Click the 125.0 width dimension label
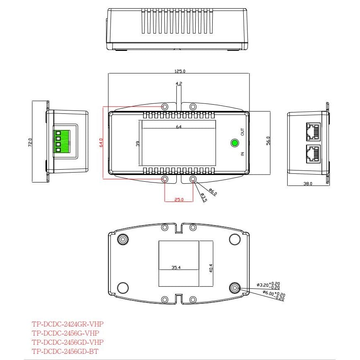click(179, 71)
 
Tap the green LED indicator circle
click(234, 144)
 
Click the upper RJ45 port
click(313, 131)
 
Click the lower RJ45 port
click(313, 154)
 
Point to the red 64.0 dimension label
click(101, 142)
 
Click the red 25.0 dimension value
click(179, 199)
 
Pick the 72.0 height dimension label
click(30, 142)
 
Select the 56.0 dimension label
click(268, 141)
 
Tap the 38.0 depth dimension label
click(308, 183)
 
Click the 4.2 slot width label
click(179, 84)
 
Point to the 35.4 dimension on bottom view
click(176, 268)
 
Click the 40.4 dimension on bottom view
click(211, 269)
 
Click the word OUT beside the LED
click(242, 132)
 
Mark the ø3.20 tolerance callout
click(269, 285)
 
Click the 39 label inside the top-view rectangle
click(138, 143)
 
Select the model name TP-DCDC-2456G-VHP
click(65, 333)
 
